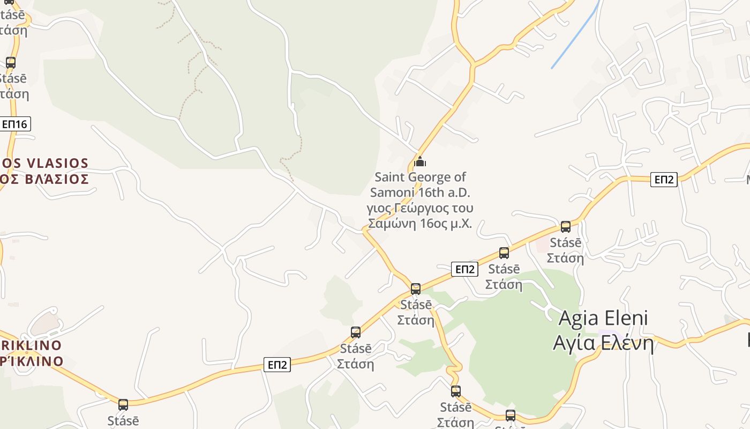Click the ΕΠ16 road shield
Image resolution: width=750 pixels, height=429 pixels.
point(14,124)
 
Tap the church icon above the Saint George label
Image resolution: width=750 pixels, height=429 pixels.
point(420,161)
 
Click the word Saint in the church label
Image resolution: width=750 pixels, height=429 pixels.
point(390,177)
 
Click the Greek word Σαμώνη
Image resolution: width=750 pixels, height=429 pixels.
point(392,224)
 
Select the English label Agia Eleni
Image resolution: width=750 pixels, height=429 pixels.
point(603,318)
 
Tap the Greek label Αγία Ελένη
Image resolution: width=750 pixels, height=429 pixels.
point(603,342)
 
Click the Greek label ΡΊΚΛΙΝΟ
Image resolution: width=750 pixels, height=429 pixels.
point(33,361)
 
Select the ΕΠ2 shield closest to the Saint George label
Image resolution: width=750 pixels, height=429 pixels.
point(464,269)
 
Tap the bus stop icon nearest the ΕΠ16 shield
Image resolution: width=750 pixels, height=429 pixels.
point(11,63)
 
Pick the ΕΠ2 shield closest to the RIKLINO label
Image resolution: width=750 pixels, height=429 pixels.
point(277,365)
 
